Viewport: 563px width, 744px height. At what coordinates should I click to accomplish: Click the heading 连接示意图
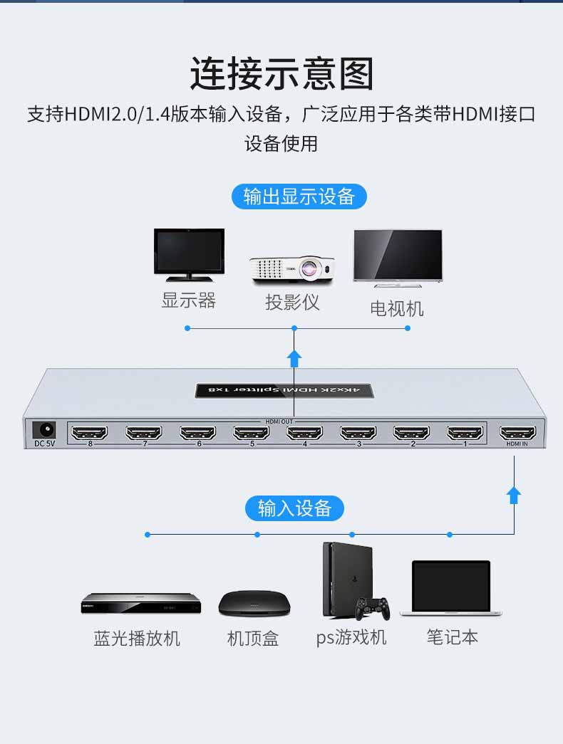tap(281, 74)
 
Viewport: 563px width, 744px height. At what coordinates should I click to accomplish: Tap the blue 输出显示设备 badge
tap(299, 197)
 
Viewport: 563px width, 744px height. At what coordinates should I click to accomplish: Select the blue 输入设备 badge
tap(295, 508)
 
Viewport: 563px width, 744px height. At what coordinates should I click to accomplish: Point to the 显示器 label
tap(188, 300)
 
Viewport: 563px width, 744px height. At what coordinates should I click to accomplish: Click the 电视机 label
tap(397, 308)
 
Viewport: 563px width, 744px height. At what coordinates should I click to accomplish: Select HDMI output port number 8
tap(90, 432)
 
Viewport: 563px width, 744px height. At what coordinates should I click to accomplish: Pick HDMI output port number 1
tap(465, 432)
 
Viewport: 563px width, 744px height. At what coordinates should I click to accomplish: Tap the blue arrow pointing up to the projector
tap(294, 357)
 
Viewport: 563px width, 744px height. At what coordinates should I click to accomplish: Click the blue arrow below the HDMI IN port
tap(514, 494)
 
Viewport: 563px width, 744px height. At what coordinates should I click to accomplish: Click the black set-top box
tap(254, 604)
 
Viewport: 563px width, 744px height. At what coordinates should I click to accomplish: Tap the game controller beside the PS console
tap(373, 607)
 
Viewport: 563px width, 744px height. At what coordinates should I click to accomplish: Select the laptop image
tap(451, 589)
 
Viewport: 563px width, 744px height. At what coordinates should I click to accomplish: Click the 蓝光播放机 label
tap(137, 639)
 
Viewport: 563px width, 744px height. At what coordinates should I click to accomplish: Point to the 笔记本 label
tap(453, 637)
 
